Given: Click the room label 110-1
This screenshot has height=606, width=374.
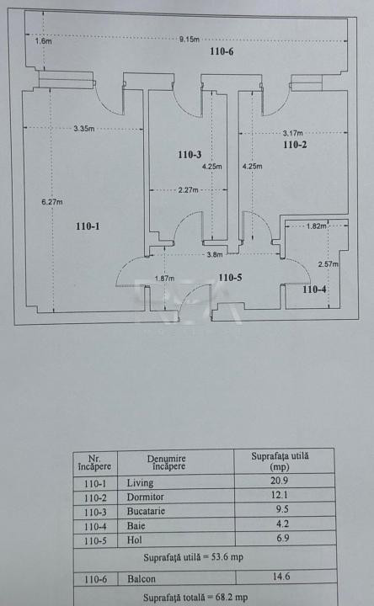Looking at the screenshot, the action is (88, 226).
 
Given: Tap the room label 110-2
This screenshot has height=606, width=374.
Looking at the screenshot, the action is (295, 145).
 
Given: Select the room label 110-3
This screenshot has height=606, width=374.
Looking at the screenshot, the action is (190, 155).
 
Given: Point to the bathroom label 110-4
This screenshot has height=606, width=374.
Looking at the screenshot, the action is (314, 290).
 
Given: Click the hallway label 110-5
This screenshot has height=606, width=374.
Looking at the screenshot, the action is (230, 278).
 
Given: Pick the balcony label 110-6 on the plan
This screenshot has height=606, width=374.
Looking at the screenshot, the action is (222, 51).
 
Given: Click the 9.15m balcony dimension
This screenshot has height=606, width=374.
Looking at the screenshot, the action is (190, 39).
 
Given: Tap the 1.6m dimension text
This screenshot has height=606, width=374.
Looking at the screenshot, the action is (43, 41).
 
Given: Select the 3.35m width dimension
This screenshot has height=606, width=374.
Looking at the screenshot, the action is (84, 129).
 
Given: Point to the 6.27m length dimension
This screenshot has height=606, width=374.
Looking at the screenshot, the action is (52, 202).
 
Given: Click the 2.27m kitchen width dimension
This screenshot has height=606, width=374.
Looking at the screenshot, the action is (189, 190).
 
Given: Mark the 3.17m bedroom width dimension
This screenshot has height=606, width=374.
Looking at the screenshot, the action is (293, 133).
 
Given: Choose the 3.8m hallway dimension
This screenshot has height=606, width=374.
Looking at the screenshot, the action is (215, 255).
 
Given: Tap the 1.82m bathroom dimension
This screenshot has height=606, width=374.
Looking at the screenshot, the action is (317, 226).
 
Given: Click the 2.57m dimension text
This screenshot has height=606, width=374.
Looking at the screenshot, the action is (328, 264).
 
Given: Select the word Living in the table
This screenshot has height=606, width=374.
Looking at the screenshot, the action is (140, 483).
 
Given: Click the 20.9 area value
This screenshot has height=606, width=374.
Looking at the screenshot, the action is (280, 481).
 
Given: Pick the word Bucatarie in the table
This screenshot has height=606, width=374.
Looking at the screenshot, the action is (146, 511).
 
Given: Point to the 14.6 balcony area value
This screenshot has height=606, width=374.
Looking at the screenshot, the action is (281, 577).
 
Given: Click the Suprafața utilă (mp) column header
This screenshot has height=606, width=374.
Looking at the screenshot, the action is (280, 461).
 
